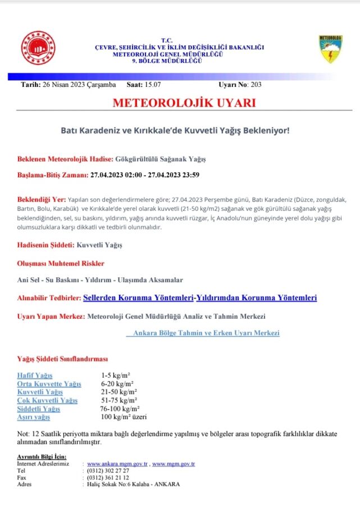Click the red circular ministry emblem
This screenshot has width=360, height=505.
(x=38, y=48)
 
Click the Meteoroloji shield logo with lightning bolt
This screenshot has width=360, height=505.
(x=330, y=49)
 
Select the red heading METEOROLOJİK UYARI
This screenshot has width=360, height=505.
(x=184, y=103)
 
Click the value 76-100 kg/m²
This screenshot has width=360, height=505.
(x=119, y=408)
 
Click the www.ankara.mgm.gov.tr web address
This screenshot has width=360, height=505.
(x=117, y=464)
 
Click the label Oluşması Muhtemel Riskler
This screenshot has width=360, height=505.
(x=61, y=263)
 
